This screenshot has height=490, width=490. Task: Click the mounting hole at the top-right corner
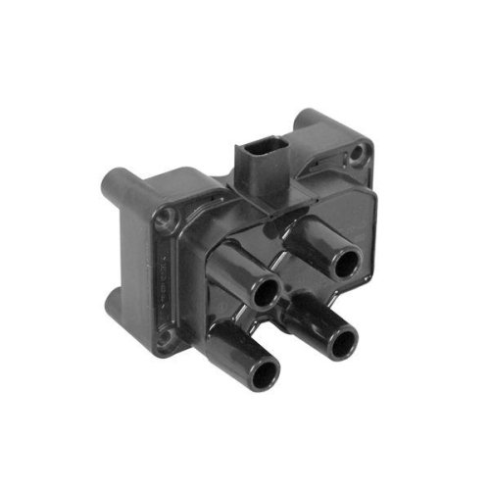[360, 152]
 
